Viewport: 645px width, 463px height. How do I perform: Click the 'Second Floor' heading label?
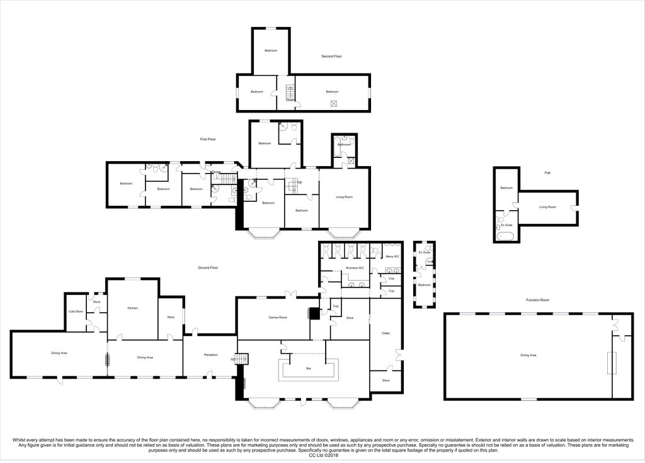(x=331, y=57)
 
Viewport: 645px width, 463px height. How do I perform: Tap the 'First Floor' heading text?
(x=208, y=139)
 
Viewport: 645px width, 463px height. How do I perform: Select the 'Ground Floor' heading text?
(x=208, y=268)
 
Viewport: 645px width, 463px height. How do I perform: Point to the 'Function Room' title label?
(x=538, y=300)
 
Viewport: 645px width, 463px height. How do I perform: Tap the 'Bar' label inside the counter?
(x=309, y=368)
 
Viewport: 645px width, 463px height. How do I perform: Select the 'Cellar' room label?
(x=386, y=333)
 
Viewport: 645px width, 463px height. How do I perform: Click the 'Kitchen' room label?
(x=132, y=308)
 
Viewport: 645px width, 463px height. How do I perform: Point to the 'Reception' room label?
(x=210, y=355)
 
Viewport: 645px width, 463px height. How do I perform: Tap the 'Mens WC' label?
(x=392, y=257)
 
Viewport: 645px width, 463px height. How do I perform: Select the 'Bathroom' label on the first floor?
(x=344, y=145)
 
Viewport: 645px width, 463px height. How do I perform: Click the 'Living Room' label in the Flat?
(x=547, y=207)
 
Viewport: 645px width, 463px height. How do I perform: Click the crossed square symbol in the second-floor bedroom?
(x=334, y=104)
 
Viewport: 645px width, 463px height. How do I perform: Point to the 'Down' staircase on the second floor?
(x=290, y=92)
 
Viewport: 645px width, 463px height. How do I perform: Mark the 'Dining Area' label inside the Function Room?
(x=528, y=355)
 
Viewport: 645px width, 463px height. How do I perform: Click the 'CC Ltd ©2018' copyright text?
(x=322, y=456)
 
